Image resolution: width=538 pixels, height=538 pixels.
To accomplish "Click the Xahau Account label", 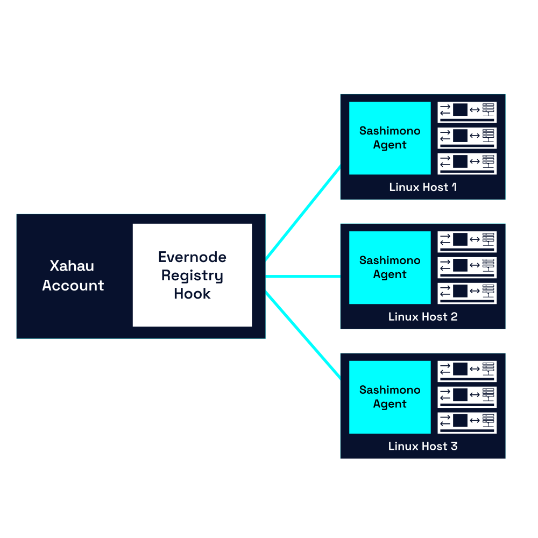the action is (x=73, y=275).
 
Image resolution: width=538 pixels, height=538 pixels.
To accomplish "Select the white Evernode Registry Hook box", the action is (x=192, y=275).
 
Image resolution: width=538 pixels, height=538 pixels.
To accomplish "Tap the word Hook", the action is (x=192, y=294).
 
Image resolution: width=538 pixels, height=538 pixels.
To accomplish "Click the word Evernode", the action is (x=192, y=257).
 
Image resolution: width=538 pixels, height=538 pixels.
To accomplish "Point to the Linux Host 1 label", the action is (x=423, y=187).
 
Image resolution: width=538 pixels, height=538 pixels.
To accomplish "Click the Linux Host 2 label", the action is (x=423, y=316).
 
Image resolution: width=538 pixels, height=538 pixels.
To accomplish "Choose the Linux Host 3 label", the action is (x=423, y=446).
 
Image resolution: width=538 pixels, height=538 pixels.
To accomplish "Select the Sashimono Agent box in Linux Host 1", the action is (x=390, y=138).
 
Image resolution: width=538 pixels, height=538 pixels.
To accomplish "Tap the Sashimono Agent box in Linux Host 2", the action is (x=390, y=267).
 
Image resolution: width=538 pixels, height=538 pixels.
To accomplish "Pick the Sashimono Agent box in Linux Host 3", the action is (x=390, y=397).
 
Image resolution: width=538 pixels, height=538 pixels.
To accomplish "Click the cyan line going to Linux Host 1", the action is (x=303, y=213).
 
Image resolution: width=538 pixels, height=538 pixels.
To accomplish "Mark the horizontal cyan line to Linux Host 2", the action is (x=303, y=276).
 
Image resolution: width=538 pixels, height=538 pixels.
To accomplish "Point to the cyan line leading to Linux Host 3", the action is (x=303, y=335).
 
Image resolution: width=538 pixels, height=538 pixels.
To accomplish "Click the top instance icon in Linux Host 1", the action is (x=467, y=112).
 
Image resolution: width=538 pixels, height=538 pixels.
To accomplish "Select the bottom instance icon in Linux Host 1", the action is (x=467, y=164).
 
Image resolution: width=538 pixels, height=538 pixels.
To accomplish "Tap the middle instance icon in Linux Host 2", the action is (x=467, y=267).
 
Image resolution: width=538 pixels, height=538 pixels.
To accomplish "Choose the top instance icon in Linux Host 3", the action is (x=467, y=371).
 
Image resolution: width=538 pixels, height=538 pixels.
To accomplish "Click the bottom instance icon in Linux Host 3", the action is (x=467, y=423).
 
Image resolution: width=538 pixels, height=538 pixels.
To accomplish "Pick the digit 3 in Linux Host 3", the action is (x=454, y=446).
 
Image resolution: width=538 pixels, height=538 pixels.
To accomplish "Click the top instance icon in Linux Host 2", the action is (x=467, y=242).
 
